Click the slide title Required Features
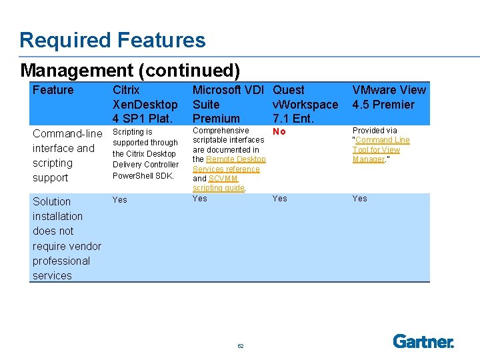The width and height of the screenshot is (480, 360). (112, 40)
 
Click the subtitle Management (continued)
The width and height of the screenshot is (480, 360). (130, 70)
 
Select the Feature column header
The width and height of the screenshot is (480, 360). (53, 90)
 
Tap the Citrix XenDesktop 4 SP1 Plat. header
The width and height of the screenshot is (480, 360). (145, 104)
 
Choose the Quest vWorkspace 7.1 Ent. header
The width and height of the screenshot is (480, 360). (305, 104)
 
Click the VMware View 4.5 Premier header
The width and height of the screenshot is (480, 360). (389, 97)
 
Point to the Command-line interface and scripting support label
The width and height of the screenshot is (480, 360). (67, 155)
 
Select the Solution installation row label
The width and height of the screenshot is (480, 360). (67, 238)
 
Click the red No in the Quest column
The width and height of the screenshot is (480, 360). (279, 132)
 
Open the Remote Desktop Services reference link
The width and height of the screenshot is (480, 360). (229, 164)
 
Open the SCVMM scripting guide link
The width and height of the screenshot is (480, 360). (218, 183)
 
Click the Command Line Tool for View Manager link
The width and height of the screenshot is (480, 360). (381, 149)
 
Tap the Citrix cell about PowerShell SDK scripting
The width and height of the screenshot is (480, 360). (145, 154)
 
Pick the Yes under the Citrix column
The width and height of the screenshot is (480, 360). (119, 199)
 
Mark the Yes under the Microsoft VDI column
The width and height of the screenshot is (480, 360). (199, 199)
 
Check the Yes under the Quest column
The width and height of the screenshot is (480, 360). (279, 199)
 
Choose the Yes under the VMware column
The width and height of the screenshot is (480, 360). (359, 199)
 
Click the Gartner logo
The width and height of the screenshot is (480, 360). (423, 341)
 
